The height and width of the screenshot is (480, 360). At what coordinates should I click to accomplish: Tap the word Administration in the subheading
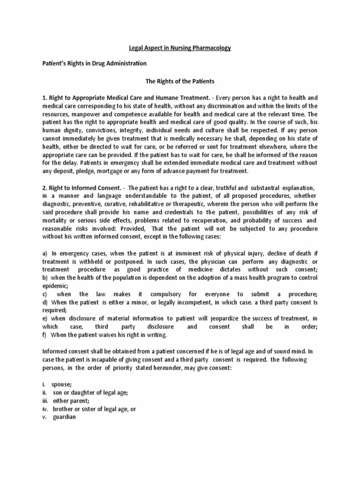123,63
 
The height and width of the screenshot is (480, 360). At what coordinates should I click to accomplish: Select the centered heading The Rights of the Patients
180,81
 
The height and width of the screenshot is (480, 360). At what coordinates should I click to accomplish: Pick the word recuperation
210,220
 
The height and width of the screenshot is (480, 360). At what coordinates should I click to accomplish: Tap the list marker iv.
45,408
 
